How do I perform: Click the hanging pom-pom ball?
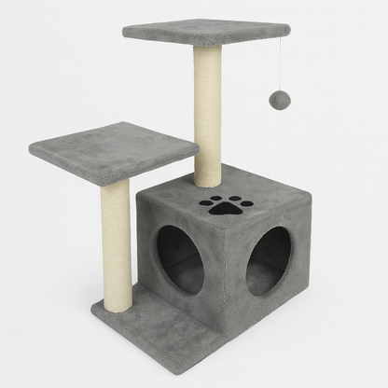[x=278, y=100]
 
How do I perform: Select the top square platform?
[x=205, y=34]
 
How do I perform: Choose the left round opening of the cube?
[x=179, y=256]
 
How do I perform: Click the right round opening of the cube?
[x=269, y=261]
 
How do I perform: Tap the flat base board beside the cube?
[x=149, y=322]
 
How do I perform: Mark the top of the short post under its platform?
[x=116, y=183]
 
